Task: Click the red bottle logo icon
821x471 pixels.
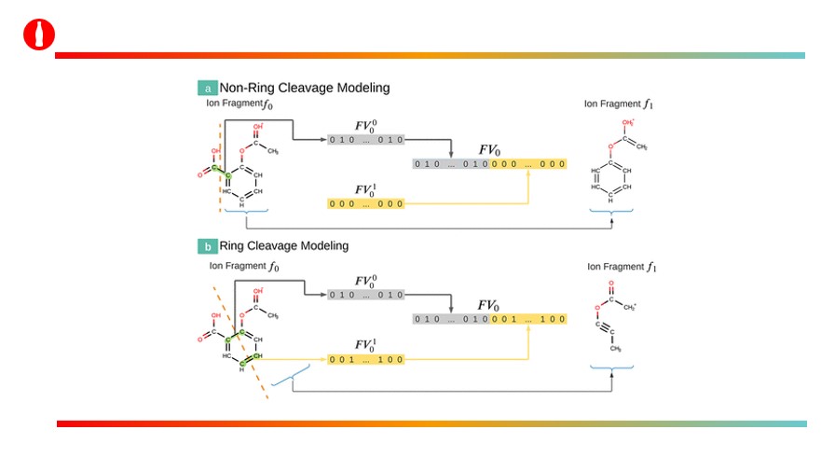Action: point(39,35)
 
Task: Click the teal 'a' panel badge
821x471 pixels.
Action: point(207,89)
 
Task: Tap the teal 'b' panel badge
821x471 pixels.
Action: point(207,246)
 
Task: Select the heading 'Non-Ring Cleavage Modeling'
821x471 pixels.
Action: point(305,88)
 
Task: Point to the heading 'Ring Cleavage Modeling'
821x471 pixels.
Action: point(284,246)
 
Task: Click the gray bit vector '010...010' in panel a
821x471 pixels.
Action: point(365,140)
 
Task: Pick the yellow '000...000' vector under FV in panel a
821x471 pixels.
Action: point(365,203)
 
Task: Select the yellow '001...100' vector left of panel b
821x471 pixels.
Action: point(365,358)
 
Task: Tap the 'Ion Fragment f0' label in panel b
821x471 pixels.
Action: point(244,267)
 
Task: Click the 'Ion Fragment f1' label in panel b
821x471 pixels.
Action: point(616,267)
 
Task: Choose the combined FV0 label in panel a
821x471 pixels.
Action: point(489,150)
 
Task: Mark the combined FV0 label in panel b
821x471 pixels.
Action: point(489,306)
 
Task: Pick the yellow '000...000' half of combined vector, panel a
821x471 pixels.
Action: point(528,164)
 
